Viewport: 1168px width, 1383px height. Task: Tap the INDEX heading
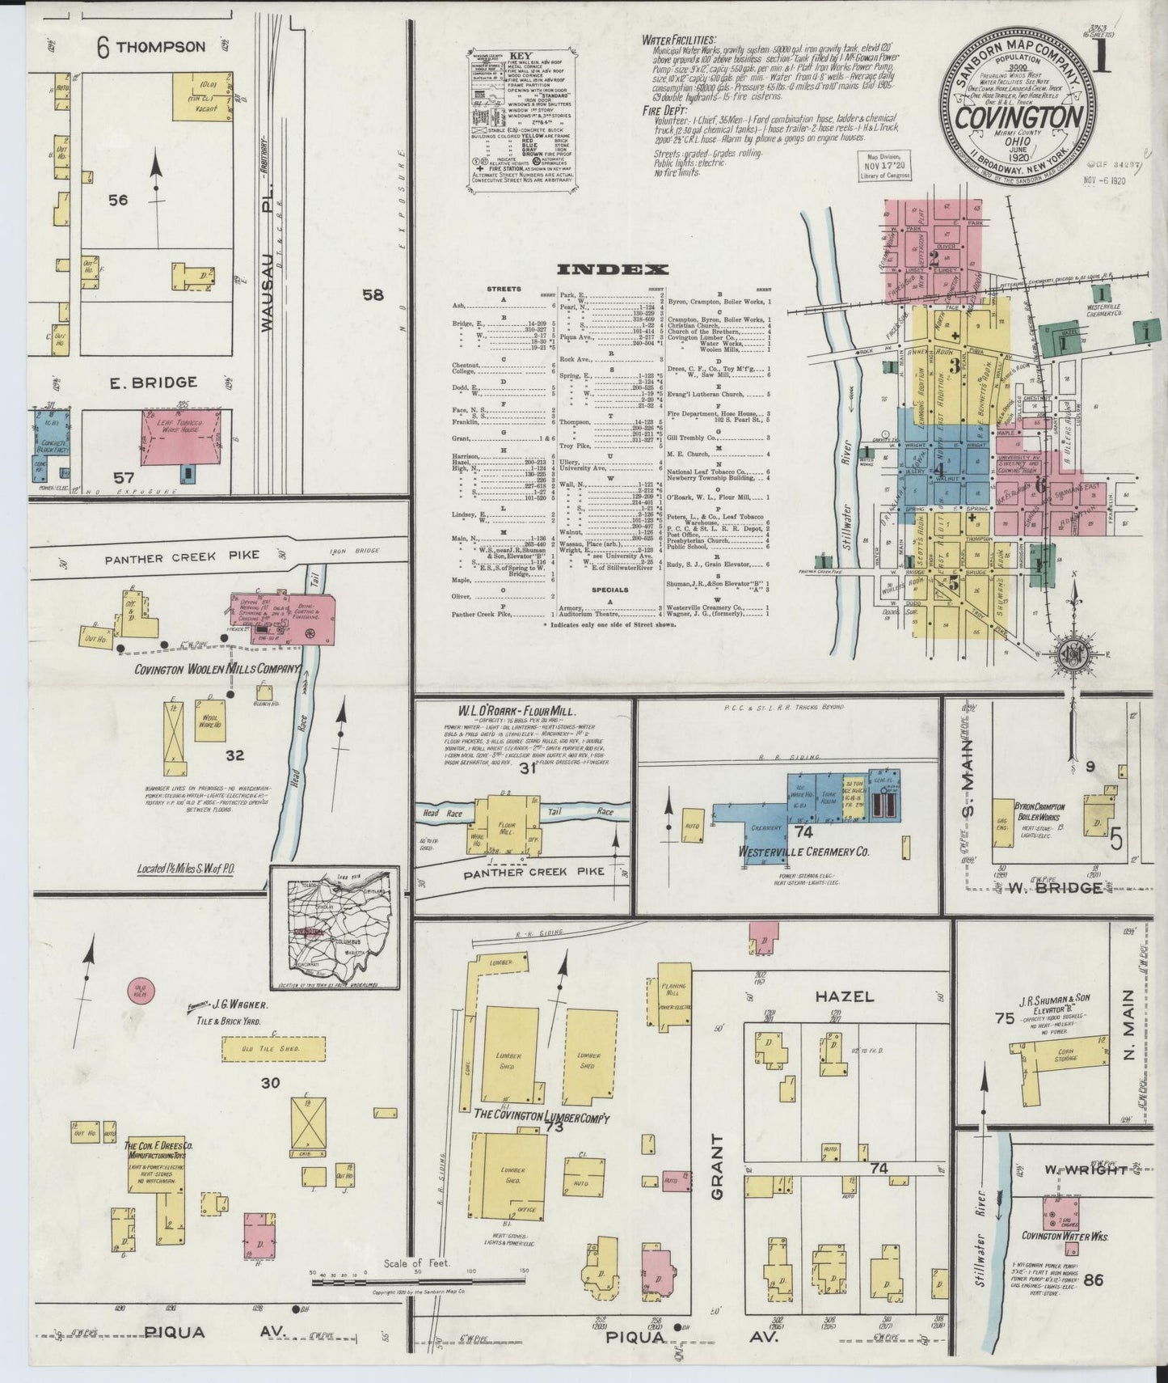point(612,270)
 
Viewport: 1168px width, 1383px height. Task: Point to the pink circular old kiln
point(140,989)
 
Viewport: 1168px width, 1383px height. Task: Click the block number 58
point(372,296)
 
